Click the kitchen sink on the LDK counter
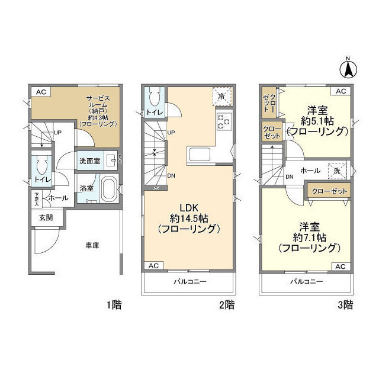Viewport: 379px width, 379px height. click(x=200, y=155)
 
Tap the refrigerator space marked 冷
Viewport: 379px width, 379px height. click(x=222, y=97)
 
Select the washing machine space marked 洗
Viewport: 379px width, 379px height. click(x=337, y=171)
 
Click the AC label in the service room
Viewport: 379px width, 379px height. click(x=41, y=92)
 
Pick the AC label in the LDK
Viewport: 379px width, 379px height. click(x=154, y=266)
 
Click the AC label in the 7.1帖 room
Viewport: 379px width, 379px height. click(x=341, y=266)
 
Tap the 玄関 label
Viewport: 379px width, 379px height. click(x=46, y=218)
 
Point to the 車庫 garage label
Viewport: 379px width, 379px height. click(x=92, y=246)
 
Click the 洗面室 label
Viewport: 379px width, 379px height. click(x=89, y=161)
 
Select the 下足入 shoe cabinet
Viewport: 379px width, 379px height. click(x=37, y=199)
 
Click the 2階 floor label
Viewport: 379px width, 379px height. click(x=227, y=305)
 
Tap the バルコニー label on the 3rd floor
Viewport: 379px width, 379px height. click(x=307, y=282)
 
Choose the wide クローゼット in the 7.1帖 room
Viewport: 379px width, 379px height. click(x=329, y=191)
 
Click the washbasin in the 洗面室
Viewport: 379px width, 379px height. click(x=111, y=160)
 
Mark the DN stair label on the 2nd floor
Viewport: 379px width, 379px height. click(x=171, y=176)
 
